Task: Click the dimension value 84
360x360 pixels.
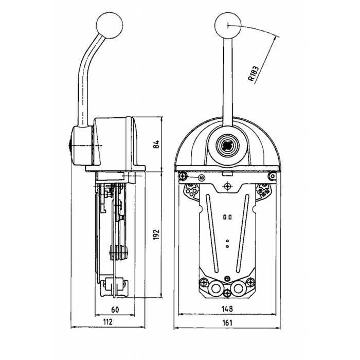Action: [156, 145]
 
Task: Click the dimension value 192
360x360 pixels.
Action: [156, 235]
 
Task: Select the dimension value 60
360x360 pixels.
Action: [115, 310]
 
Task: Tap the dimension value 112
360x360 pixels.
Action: [107, 321]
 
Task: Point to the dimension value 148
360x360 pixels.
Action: [227, 309]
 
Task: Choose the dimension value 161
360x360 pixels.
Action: [227, 322]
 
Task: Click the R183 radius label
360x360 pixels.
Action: [254, 74]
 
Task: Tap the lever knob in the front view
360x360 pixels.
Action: [228, 25]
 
